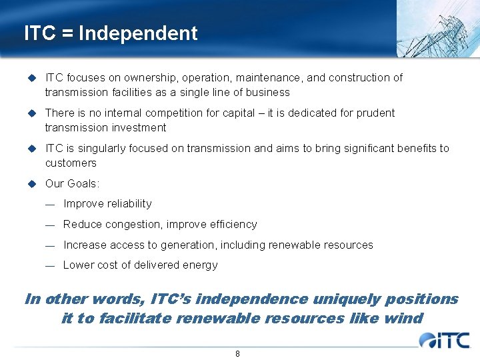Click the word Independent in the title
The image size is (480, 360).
click(138, 33)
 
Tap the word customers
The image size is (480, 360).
click(71, 163)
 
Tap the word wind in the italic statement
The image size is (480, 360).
click(403, 318)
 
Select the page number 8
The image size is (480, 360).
click(237, 353)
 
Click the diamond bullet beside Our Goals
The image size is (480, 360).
click(31, 183)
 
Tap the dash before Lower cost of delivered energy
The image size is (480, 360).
click(49, 265)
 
